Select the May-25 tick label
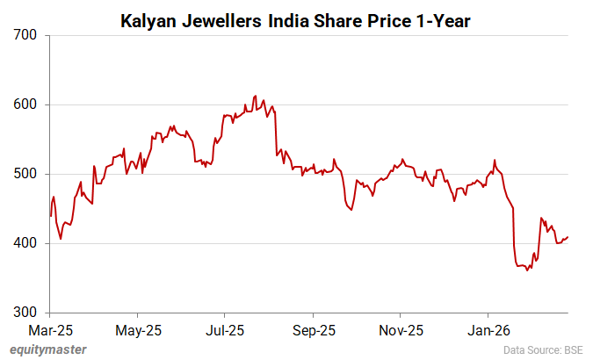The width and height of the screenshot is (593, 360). click(138, 331)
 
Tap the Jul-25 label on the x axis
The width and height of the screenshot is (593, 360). click(225, 331)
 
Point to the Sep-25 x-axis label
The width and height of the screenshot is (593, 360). click(313, 331)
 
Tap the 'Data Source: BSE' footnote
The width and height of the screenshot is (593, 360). click(544, 349)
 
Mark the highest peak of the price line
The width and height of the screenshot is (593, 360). click(255, 96)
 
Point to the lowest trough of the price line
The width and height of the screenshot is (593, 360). click(527, 270)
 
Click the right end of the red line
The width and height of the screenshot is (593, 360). click(568, 237)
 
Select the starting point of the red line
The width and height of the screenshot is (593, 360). click(51, 216)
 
